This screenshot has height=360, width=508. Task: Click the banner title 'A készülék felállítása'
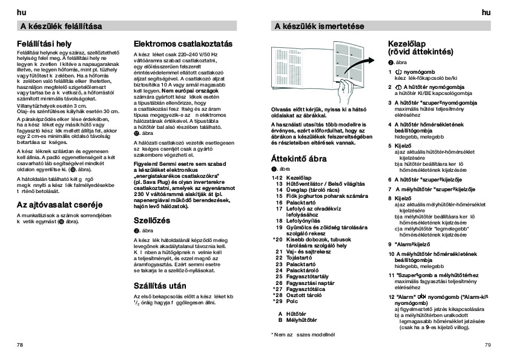tap(61, 26)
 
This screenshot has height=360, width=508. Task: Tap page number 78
tap(20, 344)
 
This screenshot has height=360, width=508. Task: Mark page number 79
tap(487, 344)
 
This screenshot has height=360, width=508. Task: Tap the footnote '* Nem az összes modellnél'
tap(302, 333)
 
